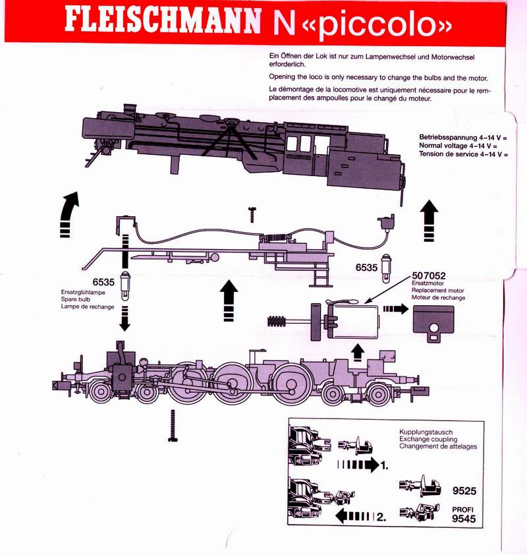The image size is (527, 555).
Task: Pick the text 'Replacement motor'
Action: tap(437, 291)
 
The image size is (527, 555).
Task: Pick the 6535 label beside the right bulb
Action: tap(367, 267)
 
